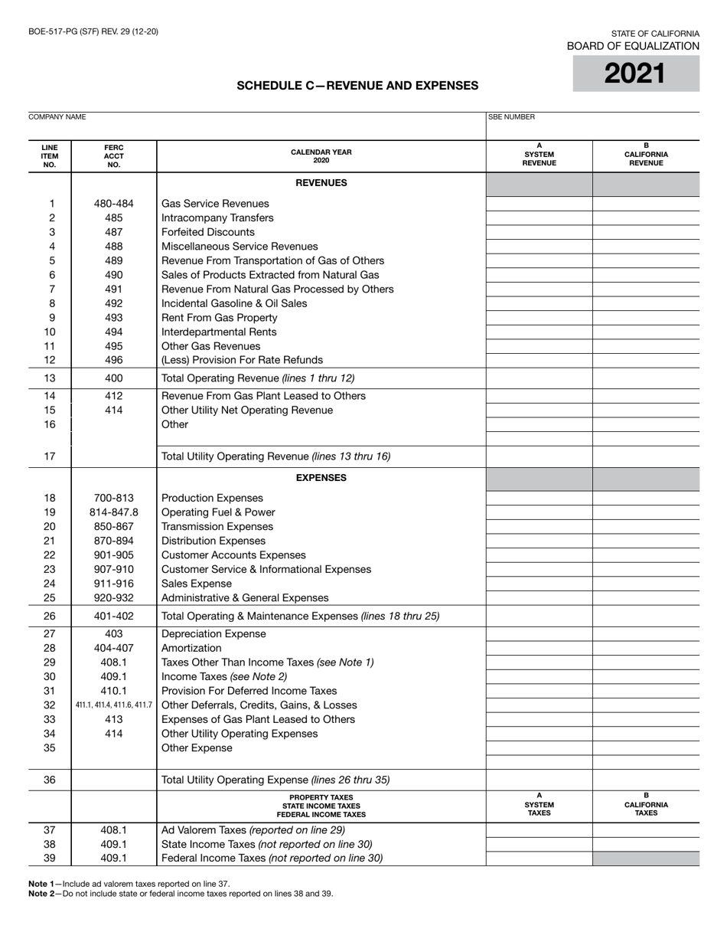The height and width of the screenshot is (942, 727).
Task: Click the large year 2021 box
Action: [x=636, y=74]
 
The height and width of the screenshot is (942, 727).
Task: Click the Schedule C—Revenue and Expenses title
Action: [x=357, y=86]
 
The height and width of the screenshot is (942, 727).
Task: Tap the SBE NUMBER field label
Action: [x=512, y=117]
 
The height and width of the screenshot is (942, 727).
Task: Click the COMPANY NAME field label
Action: [x=57, y=117]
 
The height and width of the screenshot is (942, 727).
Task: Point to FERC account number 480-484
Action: [x=114, y=204]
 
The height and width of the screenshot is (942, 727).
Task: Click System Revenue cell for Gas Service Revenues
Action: [x=539, y=204]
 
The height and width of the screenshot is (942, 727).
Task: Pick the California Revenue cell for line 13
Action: [x=646, y=378]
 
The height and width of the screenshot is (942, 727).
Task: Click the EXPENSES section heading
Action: [x=321, y=478]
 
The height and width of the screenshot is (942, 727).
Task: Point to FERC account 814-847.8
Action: [x=114, y=512]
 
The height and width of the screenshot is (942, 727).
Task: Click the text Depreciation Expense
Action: [x=214, y=634]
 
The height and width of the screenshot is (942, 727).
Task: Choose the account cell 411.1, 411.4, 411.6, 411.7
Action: [x=114, y=705]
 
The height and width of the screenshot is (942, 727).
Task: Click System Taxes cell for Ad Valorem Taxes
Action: [x=539, y=829]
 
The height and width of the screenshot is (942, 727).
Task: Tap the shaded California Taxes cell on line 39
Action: [x=646, y=859]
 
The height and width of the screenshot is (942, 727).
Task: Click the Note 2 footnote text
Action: [x=181, y=894]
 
